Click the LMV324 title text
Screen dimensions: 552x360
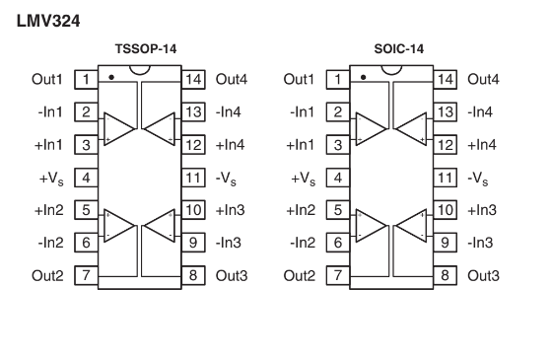pyautogui.click(x=48, y=21)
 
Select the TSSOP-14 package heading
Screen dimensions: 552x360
pyautogui.click(x=146, y=48)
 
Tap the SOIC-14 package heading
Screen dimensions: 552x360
pyautogui.click(x=399, y=48)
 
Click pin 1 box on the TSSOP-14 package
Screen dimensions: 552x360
pyautogui.click(x=86, y=79)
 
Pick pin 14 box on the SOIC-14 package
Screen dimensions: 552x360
pyautogui.click(x=445, y=79)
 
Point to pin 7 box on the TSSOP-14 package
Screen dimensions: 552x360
pyautogui.click(x=86, y=275)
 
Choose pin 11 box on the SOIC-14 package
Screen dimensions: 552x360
pyautogui.click(x=445, y=178)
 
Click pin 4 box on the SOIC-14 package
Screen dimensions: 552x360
pyautogui.click(x=338, y=178)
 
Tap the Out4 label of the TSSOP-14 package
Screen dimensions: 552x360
pyautogui.click(x=232, y=79)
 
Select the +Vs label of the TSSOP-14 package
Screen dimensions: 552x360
pyautogui.click(x=51, y=179)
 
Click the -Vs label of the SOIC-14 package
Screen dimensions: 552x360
pyautogui.click(x=478, y=179)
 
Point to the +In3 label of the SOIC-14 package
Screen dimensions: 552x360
pyautogui.click(x=482, y=210)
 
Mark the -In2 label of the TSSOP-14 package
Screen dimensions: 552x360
pyautogui.click(x=50, y=243)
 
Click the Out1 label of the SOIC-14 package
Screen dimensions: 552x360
pyautogui.click(x=299, y=79)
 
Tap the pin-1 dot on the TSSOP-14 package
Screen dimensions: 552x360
pyautogui.click(x=111, y=77)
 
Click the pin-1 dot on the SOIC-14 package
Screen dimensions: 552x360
pyautogui.click(x=364, y=77)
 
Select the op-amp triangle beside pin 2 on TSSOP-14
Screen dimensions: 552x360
pyautogui.click(x=118, y=128)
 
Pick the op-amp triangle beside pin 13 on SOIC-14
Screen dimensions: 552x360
pyautogui.click(x=410, y=128)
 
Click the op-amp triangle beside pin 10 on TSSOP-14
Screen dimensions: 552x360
pyautogui.click(x=160, y=226)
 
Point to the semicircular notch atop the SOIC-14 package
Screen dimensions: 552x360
pyautogui.click(x=391, y=73)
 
